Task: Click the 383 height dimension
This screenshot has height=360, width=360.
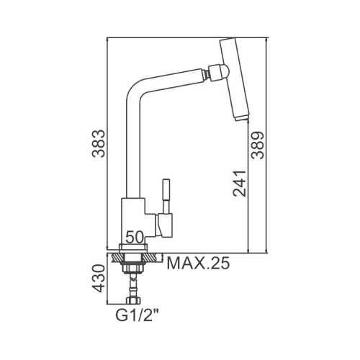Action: click(x=99, y=143)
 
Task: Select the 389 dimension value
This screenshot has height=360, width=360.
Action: click(x=257, y=145)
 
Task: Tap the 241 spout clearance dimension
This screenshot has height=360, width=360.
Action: click(x=239, y=184)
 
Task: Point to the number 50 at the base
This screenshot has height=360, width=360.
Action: click(x=135, y=237)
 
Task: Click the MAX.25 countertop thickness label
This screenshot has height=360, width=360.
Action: click(x=198, y=264)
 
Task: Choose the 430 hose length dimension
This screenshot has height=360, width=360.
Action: click(x=99, y=279)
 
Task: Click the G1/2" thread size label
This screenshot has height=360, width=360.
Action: click(x=138, y=315)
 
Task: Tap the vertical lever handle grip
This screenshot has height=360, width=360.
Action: click(x=166, y=189)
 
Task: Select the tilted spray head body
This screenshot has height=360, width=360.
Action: click(x=235, y=80)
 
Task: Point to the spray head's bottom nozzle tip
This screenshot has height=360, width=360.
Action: click(x=241, y=118)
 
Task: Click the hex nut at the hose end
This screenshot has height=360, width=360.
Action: click(x=133, y=300)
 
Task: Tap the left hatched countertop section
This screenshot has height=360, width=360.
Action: click(x=118, y=258)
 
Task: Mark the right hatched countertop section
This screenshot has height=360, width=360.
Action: click(x=153, y=258)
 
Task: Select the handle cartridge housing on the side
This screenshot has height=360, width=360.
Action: click(x=163, y=225)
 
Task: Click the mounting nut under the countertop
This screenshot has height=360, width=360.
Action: click(x=133, y=268)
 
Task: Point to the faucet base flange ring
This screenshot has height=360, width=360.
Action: click(x=132, y=248)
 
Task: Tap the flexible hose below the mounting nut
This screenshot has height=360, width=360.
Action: click(x=133, y=285)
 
